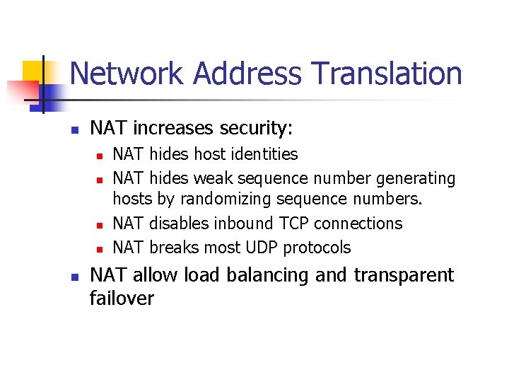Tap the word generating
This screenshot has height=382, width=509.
tap(415, 178)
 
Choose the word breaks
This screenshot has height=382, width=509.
tap(175, 247)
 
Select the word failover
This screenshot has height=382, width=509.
tap(122, 298)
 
